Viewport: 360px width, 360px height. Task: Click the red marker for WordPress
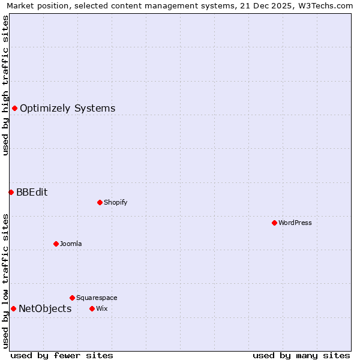274,223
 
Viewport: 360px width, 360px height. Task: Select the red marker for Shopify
100,202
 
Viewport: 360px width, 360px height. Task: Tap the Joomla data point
56,244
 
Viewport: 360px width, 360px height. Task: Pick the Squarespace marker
72,298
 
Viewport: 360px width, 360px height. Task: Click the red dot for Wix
92,308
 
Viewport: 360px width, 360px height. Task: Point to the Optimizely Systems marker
14,108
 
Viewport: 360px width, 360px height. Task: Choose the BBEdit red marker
11,192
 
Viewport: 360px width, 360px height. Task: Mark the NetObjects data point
13,308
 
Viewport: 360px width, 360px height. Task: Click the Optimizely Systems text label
67,109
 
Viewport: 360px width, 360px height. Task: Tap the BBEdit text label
32,193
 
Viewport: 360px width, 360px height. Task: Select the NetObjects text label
45,309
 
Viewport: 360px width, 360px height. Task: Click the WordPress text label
295,223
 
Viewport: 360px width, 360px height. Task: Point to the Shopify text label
116,203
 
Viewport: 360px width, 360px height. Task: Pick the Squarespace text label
97,298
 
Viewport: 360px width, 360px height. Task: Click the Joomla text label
71,244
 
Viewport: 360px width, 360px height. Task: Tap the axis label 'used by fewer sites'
62,355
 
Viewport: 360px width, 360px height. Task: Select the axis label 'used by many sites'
301,355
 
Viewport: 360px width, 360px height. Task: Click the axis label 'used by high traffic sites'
6,86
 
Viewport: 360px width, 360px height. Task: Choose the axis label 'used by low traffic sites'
6,280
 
